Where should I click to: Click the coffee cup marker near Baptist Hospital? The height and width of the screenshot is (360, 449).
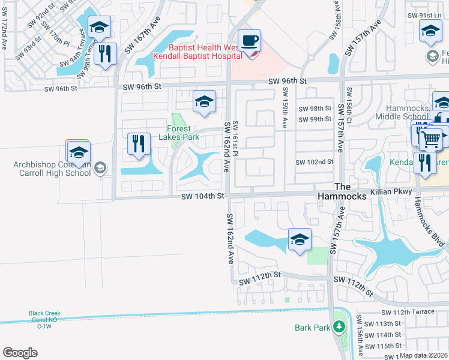pos(249,41)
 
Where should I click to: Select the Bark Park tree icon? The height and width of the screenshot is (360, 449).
pos(339,327)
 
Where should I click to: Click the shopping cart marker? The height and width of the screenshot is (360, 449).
pos(430,140)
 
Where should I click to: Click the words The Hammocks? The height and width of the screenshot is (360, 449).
pos(350,191)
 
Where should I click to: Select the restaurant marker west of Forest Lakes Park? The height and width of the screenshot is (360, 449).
pos(139,144)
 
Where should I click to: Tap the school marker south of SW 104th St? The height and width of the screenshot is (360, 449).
pos(299,241)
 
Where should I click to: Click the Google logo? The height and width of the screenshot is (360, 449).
pos(20,352)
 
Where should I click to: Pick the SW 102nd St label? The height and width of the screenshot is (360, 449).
pos(314,162)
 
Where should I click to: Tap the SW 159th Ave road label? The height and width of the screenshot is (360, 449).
pos(284,109)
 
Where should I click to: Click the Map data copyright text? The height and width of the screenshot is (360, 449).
pos(423,355)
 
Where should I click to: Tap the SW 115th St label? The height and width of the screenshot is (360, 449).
pos(384,346)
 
